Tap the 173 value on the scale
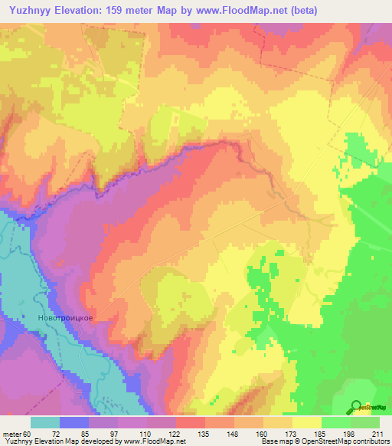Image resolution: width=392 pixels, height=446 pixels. coord(302,433)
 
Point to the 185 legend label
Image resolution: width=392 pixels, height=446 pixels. coord(331,433)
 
